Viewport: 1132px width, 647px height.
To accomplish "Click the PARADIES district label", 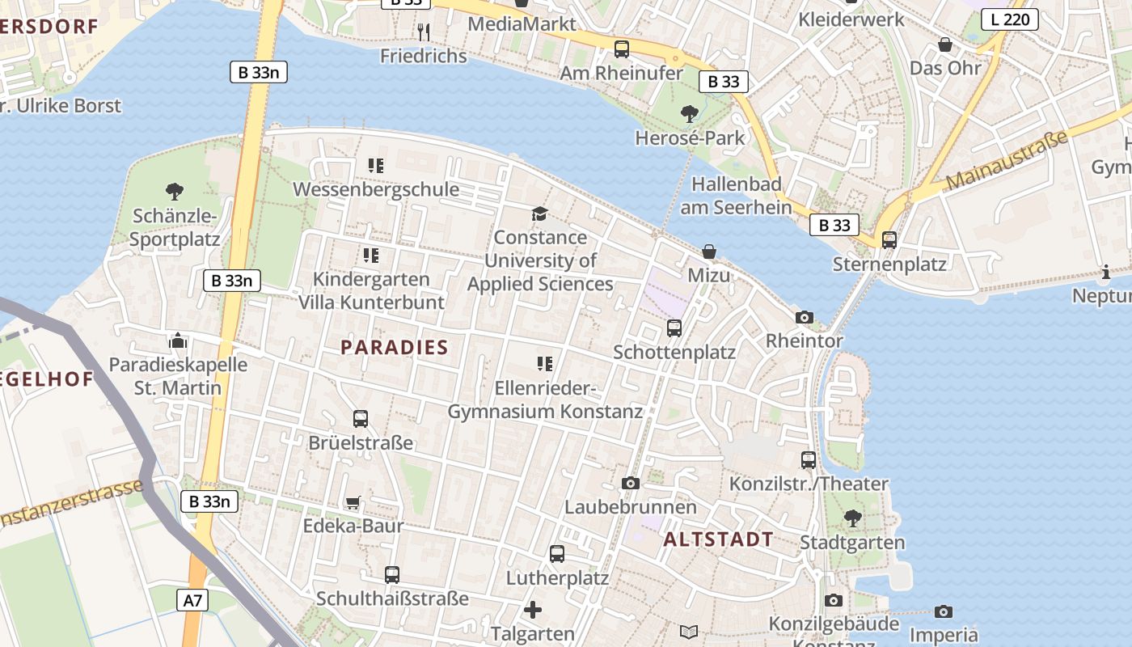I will coord(394,348).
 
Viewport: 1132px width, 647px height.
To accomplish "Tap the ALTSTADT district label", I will coord(718,539).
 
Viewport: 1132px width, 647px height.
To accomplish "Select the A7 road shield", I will coord(193,600).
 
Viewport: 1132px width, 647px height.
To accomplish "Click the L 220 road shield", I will coord(1010,19).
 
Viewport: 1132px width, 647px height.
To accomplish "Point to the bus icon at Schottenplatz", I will coord(674,328).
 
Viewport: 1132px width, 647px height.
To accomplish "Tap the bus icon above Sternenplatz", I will coord(889,240).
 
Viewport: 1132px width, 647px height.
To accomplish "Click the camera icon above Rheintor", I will coord(804,317).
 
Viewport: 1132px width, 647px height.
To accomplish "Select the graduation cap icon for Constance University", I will coord(539,214).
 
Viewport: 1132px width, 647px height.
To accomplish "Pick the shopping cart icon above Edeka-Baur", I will coord(353,502).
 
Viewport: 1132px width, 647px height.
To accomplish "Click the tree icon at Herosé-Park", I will coord(689,114).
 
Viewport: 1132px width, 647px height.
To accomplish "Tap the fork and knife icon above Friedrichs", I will coord(424,32).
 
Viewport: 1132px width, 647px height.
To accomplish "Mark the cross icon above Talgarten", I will coord(533,610).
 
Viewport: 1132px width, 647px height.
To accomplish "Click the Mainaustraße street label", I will coord(1006,161).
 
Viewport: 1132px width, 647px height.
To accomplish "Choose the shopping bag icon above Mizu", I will coord(709,252).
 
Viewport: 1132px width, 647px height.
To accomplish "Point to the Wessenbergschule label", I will coord(376,190).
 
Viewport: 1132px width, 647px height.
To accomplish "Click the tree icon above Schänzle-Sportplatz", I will coord(174,192).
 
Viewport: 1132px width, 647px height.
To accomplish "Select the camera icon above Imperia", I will coord(943,612).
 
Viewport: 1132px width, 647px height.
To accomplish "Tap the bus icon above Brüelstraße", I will coord(361,419).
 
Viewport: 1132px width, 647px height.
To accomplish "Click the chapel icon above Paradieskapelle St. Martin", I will coord(178,340).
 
